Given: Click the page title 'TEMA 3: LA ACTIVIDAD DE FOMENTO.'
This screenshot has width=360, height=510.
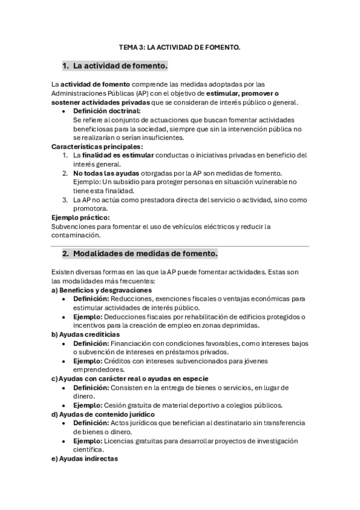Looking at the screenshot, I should (180, 47).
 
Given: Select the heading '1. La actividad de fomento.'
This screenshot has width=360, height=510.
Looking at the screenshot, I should (115, 65).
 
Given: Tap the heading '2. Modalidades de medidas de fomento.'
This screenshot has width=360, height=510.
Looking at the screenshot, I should (140, 254).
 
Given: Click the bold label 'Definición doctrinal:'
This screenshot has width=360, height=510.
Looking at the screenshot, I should (107, 111).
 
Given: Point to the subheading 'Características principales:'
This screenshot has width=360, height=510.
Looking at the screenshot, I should (97, 146).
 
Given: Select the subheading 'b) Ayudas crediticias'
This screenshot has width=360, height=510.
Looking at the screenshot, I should (85, 334).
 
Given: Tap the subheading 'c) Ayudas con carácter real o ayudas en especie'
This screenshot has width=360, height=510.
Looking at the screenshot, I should (130, 378).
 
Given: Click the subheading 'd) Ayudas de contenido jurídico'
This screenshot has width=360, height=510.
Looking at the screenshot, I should (103, 414).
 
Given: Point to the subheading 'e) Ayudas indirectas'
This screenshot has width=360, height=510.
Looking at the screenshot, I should (85, 458).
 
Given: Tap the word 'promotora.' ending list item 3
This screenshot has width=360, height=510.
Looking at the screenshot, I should (91, 208).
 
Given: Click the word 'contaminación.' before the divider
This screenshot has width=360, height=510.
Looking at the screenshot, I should (76, 235).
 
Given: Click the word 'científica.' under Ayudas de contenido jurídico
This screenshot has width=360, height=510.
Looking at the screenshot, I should (89, 449).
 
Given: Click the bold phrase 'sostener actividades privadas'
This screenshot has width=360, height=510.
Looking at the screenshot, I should (103, 102).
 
